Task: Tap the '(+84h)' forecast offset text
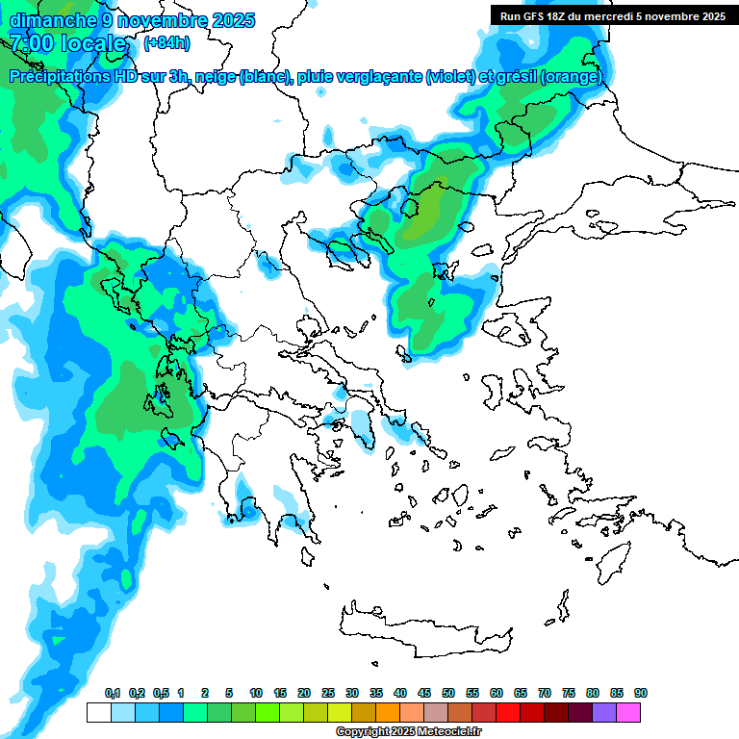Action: coord(166,43)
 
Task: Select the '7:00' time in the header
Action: coord(30,43)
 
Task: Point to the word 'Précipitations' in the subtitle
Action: coord(57,77)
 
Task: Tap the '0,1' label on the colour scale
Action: coord(112,694)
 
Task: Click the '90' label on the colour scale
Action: coord(641,694)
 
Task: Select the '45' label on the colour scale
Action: coord(424,694)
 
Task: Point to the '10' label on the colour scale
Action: coord(256,694)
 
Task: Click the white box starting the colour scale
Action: coord(98,713)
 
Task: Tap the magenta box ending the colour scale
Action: coord(629,713)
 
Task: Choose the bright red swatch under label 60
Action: coord(508,713)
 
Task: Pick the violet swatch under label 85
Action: coord(604,713)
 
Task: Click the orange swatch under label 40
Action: coord(388,713)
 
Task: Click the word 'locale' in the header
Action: coord(92,43)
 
